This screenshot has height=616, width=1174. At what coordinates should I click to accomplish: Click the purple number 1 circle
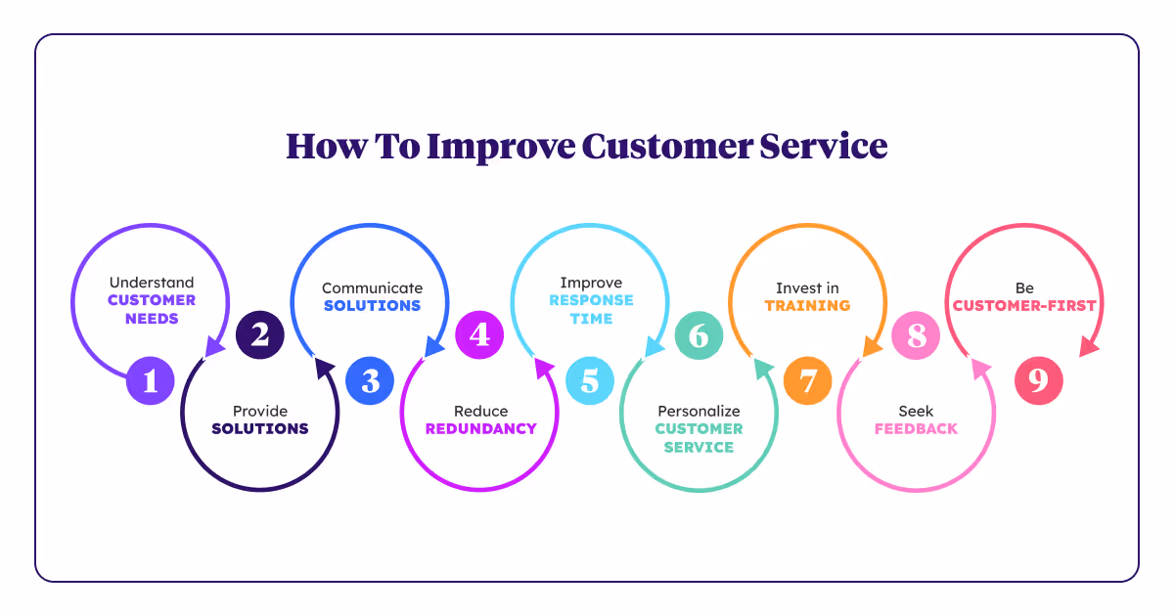[150, 380]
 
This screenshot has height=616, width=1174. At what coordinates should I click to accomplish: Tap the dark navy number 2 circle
[259, 335]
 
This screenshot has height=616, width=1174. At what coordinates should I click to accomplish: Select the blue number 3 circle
[370, 380]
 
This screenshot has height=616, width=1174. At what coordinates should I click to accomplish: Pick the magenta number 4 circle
[479, 335]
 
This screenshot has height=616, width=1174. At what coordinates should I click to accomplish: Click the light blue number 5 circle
[589, 380]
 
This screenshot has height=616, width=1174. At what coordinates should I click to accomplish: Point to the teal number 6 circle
[698, 335]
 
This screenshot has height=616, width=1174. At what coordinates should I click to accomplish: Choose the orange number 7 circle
[807, 380]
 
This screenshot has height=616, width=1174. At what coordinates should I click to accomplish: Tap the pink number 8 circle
[916, 335]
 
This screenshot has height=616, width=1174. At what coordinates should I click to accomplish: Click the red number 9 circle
[1037, 380]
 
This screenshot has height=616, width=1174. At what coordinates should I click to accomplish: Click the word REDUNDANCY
[480, 428]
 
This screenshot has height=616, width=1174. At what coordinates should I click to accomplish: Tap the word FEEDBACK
[916, 428]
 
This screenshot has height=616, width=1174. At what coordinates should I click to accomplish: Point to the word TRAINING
[807, 305]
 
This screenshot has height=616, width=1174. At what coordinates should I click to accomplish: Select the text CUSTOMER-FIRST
[1024, 305]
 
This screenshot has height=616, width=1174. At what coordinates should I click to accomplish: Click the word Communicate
[372, 288]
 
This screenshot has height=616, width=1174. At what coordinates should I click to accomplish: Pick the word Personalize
[699, 411]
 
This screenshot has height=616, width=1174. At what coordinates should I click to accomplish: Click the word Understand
[152, 283]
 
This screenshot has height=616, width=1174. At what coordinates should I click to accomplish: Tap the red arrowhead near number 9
[1086, 347]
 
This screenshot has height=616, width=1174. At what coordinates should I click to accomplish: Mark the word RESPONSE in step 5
[591, 300]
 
